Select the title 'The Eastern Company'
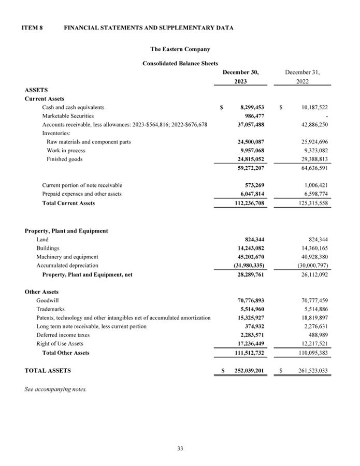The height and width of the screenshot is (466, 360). (x=180, y=49)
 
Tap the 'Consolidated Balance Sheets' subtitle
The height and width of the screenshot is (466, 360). (x=180, y=63)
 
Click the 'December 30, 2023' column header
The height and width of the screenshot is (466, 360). (x=240, y=77)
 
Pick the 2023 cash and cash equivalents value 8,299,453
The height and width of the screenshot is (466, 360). (x=252, y=107)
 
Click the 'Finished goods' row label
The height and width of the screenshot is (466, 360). (x=64, y=159)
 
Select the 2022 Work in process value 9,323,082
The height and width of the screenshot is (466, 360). (x=314, y=150)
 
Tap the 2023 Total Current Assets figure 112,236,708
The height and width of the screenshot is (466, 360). (x=249, y=203)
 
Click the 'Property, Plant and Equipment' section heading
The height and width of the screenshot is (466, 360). (x=66, y=230)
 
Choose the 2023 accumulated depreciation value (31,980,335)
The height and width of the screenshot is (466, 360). (x=249, y=266)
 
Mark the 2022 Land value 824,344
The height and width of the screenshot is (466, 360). (x=318, y=239)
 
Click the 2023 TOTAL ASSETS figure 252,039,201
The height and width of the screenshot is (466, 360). (x=249, y=371)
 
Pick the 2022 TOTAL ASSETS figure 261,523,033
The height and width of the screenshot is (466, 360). (x=311, y=371)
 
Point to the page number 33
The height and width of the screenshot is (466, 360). (x=180, y=448)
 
